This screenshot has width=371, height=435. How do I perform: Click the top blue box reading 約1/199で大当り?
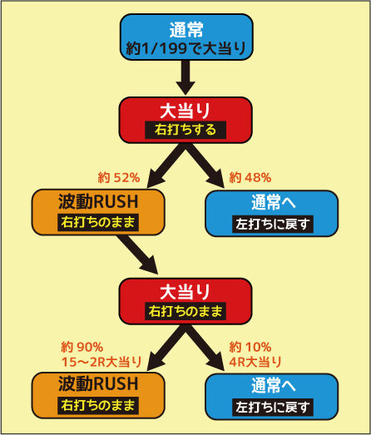(186, 37)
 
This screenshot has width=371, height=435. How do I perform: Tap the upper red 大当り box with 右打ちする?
(185, 120)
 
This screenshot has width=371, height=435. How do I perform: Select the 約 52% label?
(119, 177)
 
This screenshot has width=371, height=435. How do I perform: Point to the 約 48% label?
(250, 177)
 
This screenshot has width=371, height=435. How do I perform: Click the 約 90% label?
(82, 347)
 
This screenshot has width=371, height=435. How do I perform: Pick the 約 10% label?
(250, 347)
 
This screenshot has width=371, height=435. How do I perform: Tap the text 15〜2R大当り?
(101, 362)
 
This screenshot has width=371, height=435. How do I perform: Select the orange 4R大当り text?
(255, 362)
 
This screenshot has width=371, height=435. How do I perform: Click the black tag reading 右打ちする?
(185, 130)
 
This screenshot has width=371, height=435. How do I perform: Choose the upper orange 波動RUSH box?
(98, 212)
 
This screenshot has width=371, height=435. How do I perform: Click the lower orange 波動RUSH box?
(98, 395)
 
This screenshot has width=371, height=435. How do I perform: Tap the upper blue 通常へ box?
(272, 213)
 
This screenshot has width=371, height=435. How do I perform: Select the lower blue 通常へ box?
(272, 397)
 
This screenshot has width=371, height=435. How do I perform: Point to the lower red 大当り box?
(185, 301)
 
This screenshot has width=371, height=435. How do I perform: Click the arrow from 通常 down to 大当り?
(186, 77)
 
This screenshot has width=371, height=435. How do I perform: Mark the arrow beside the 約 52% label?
(166, 166)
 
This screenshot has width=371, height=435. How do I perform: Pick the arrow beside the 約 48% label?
(205, 166)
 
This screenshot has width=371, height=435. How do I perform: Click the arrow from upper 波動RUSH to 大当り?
(137, 255)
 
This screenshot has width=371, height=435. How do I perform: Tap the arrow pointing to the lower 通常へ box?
(205, 348)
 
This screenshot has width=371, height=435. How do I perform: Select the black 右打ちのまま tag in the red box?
(185, 311)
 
